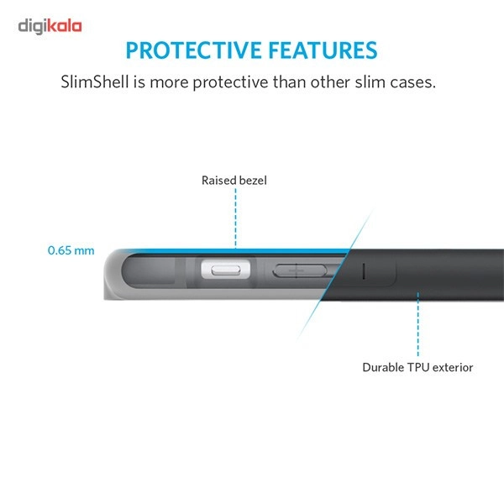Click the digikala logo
pyautogui.click(x=50, y=26)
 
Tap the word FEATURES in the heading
pyautogui.click(x=323, y=50)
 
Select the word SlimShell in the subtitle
pyautogui.click(x=95, y=81)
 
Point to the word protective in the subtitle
pyautogui.click(x=230, y=82)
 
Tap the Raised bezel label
pyautogui.click(x=234, y=181)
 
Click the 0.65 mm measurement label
pyautogui.click(x=71, y=250)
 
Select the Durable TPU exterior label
pyautogui.click(x=417, y=367)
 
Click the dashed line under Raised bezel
pyautogui.click(x=235, y=218)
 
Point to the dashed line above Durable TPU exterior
pyautogui.click(x=417, y=324)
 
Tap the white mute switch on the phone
pyautogui.click(x=226, y=270)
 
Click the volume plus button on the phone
pyautogui.click(x=300, y=270)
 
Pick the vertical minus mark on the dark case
pyautogui.click(x=364, y=271)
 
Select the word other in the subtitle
pyautogui.click(x=330, y=81)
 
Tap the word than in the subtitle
pyautogui.click(x=289, y=81)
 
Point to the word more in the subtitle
pyautogui.click(x=169, y=83)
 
